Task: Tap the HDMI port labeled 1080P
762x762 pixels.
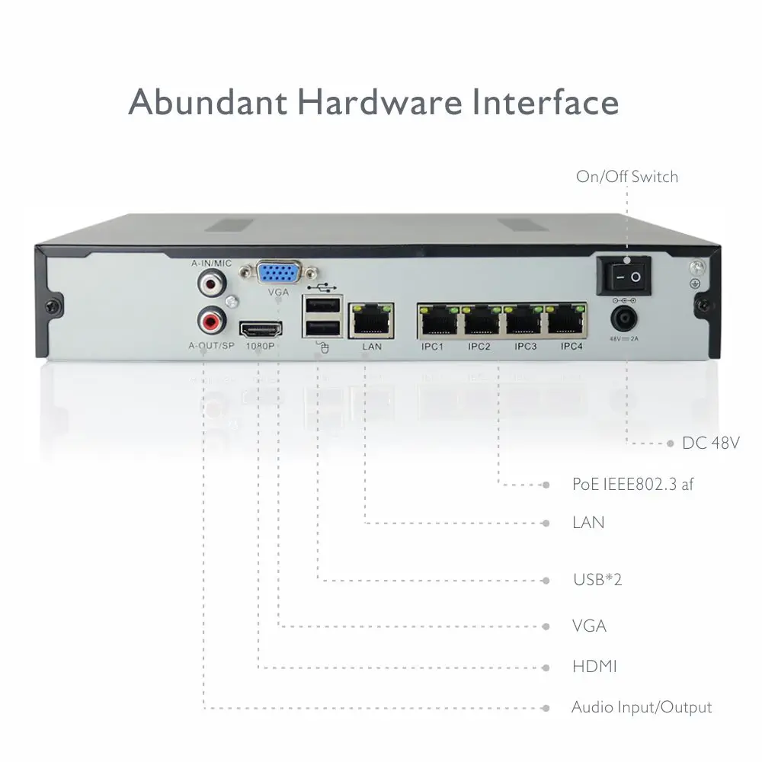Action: click(x=261, y=330)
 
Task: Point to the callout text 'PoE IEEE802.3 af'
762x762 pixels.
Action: click(x=632, y=484)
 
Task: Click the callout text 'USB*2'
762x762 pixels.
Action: click(x=597, y=579)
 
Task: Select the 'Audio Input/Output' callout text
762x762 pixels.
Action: click(x=642, y=707)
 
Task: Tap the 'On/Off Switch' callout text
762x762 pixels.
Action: click(x=626, y=177)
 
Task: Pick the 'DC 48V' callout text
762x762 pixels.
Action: click(x=711, y=443)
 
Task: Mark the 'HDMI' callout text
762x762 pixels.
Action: click(x=594, y=667)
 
